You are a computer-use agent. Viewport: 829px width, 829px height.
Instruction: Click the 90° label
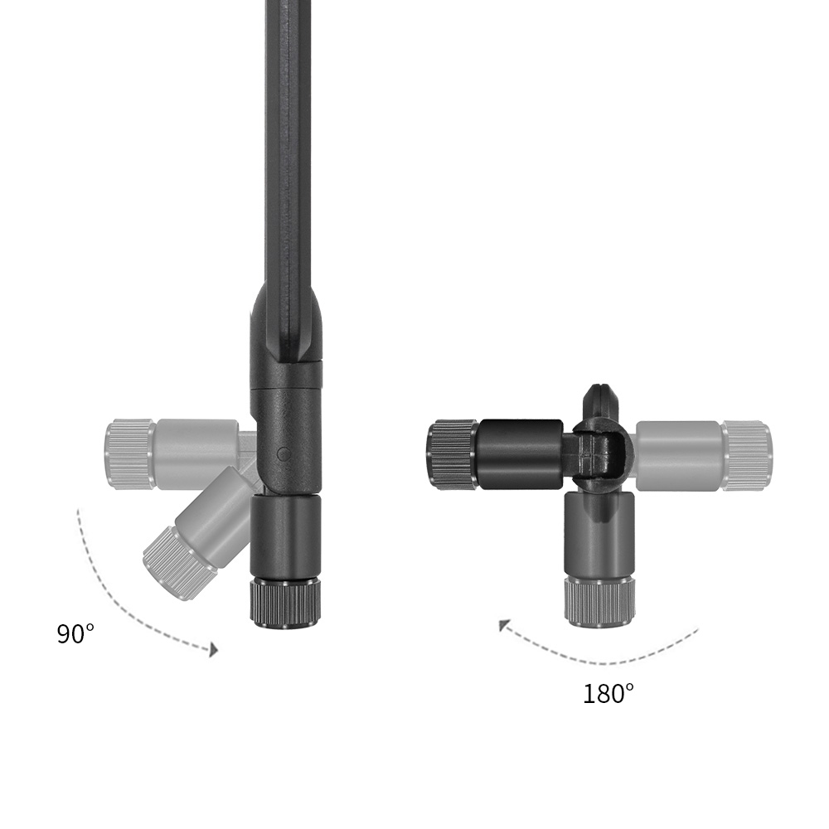pos(75,633)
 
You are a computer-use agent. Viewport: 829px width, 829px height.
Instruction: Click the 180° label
pos(608,693)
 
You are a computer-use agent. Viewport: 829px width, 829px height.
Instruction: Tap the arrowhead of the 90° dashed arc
pos(213,650)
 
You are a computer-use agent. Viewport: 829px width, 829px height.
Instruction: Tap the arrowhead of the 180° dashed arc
pos(505,625)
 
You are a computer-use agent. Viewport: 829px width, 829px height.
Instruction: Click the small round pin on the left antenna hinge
pos(284,453)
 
